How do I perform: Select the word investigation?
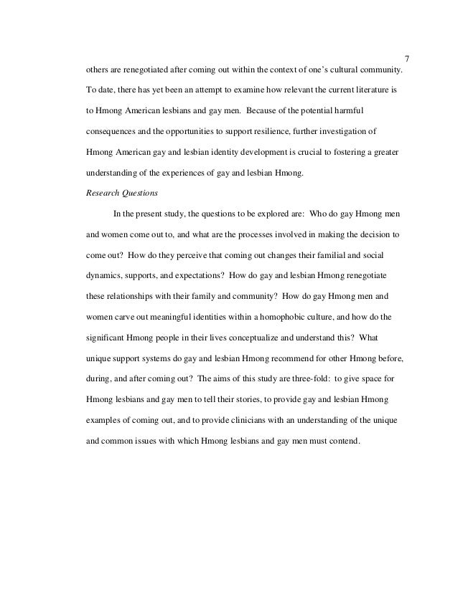pos(364,133)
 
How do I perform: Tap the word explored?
pos(261,213)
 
